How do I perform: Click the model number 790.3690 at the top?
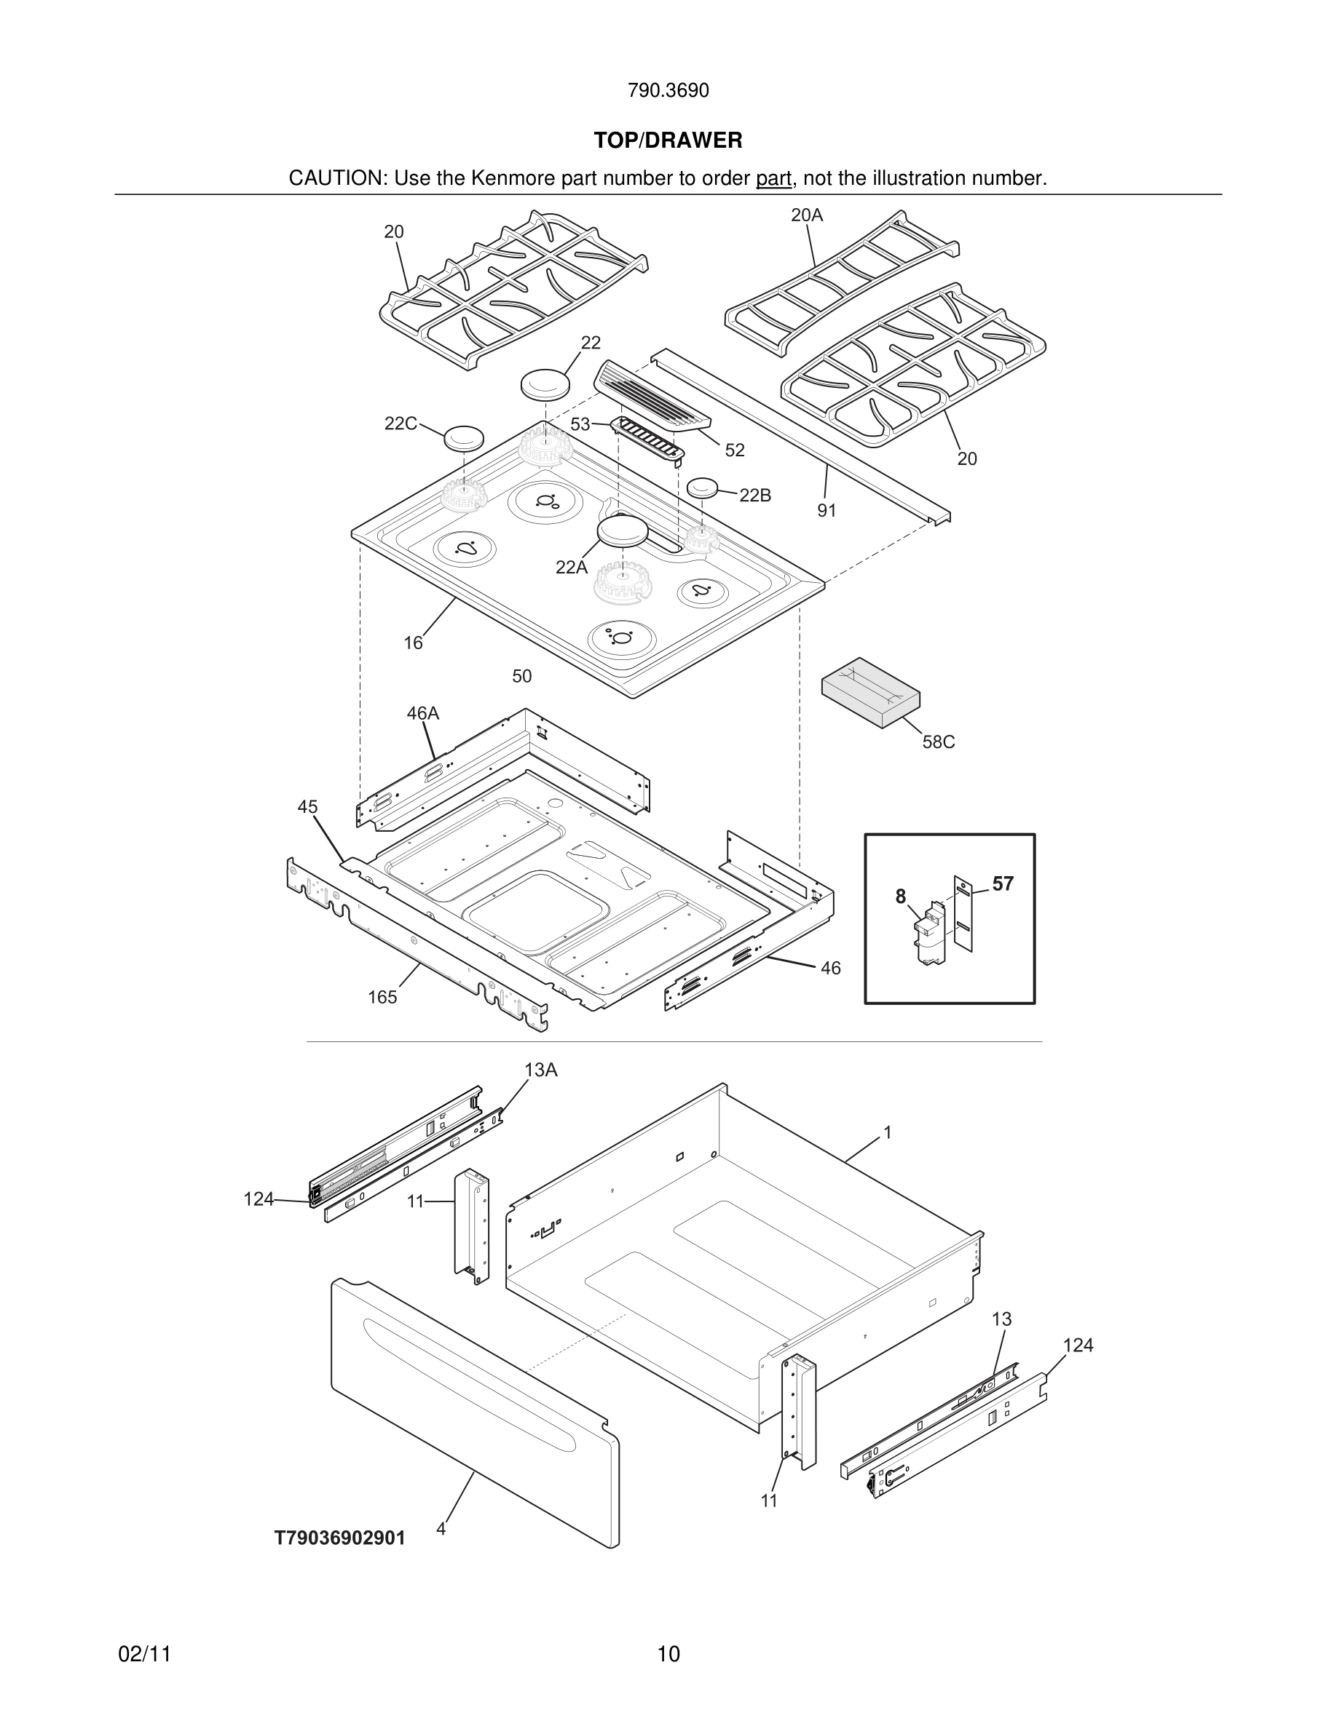tap(668, 91)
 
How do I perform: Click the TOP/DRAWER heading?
tap(668, 141)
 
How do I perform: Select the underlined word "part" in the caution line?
tap(773, 179)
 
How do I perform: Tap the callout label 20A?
tap(806, 215)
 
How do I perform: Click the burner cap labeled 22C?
tap(463, 437)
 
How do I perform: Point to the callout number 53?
tap(580, 424)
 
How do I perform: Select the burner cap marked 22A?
tap(623, 530)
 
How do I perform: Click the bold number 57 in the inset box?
tap(1002, 884)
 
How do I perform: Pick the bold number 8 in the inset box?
tap(901, 897)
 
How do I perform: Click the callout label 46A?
tap(422, 714)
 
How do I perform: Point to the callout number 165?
tap(382, 998)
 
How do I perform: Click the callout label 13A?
tap(540, 1070)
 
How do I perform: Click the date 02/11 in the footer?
tap(144, 1655)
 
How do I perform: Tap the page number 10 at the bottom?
tap(668, 1655)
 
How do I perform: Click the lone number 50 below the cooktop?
tap(521, 677)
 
